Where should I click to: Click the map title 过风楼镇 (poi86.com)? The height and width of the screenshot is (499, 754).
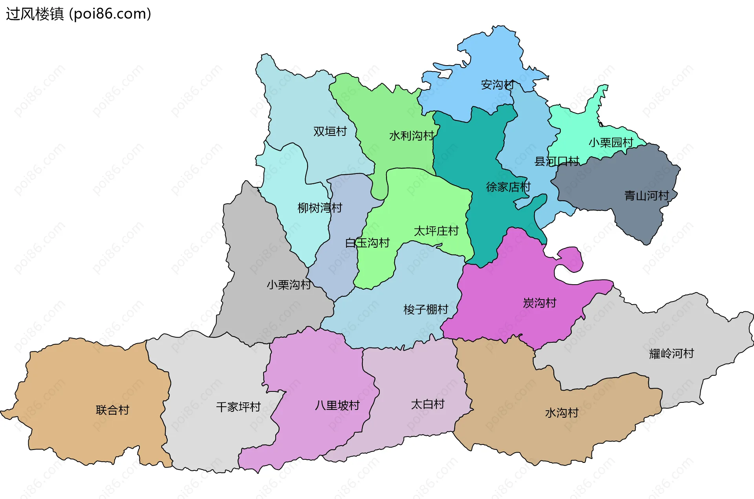point(79,14)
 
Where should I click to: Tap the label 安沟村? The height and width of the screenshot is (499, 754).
point(498,85)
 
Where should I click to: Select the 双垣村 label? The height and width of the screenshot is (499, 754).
point(330,132)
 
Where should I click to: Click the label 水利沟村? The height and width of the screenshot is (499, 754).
point(411,136)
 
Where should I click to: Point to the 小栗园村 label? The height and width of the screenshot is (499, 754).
point(611,143)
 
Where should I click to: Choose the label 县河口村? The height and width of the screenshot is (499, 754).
point(556,161)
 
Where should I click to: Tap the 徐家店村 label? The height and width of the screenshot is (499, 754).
point(508,187)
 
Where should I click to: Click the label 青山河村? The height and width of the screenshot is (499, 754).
point(646,196)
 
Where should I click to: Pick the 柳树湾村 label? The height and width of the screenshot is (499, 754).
point(320,208)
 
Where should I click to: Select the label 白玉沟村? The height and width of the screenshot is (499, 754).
point(367,243)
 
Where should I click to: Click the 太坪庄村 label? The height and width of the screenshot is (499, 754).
point(436,231)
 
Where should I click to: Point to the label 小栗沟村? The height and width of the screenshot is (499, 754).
point(289,285)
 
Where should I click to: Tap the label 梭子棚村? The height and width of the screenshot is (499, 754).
point(426,309)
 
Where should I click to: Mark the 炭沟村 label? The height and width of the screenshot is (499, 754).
point(540,303)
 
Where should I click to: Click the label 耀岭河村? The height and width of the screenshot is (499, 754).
point(671,353)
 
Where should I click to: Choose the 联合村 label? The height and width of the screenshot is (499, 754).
point(112,410)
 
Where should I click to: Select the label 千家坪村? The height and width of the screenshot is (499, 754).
point(238,407)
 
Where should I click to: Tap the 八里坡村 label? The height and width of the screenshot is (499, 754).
point(337,405)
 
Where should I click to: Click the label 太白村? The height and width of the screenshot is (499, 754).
point(427,404)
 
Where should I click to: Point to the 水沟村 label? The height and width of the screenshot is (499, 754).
point(562,413)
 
